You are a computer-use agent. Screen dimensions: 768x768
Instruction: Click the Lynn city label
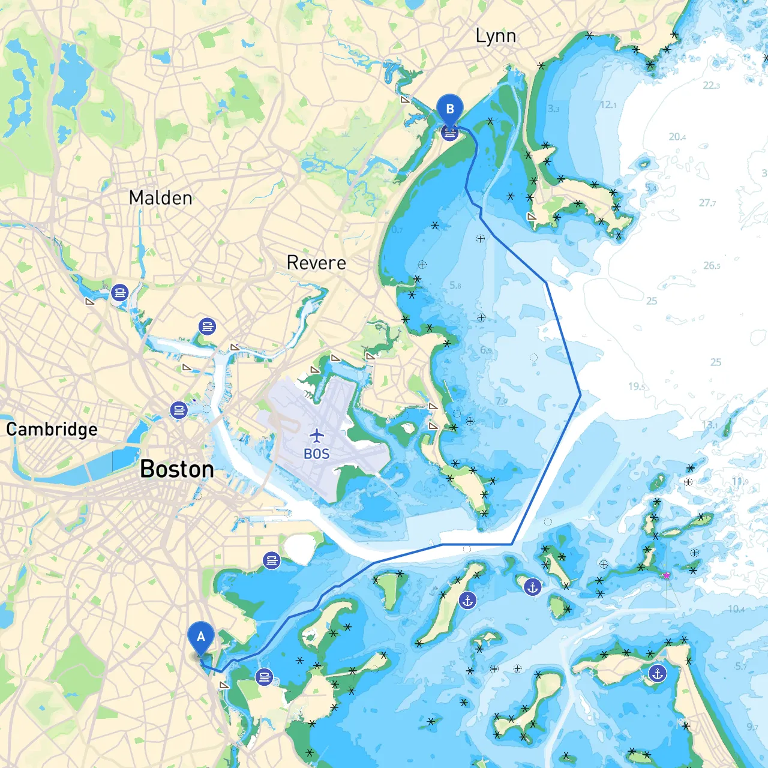tap(496, 37)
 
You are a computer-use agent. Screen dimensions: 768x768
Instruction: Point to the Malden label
tap(161, 198)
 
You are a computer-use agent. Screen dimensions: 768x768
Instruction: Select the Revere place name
tap(316, 263)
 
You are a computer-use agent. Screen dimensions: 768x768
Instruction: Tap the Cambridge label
tap(52, 430)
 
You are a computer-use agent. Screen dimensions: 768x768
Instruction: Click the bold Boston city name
tap(177, 469)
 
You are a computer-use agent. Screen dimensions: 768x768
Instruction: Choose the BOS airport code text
tap(317, 454)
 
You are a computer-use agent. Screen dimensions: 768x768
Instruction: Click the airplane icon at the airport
tap(317, 436)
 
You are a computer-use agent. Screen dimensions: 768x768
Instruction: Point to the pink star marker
tap(666, 575)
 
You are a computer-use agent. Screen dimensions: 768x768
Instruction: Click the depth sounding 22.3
tap(711, 85)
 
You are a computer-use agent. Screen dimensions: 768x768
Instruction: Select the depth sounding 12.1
tap(608, 105)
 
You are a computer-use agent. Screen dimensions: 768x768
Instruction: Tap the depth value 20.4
tap(677, 137)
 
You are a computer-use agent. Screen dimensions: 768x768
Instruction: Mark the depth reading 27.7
tap(707, 203)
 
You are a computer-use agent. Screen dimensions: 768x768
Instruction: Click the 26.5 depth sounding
tap(712, 265)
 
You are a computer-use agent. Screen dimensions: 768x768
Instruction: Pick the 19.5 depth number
tap(637, 386)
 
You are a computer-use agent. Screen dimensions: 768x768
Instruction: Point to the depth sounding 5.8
tap(455, 286)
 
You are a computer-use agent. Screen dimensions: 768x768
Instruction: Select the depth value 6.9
tap(485, 350)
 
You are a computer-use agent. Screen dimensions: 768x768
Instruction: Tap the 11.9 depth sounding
tap(740, 481)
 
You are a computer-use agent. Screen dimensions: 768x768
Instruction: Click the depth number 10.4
tap(736, 609)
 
